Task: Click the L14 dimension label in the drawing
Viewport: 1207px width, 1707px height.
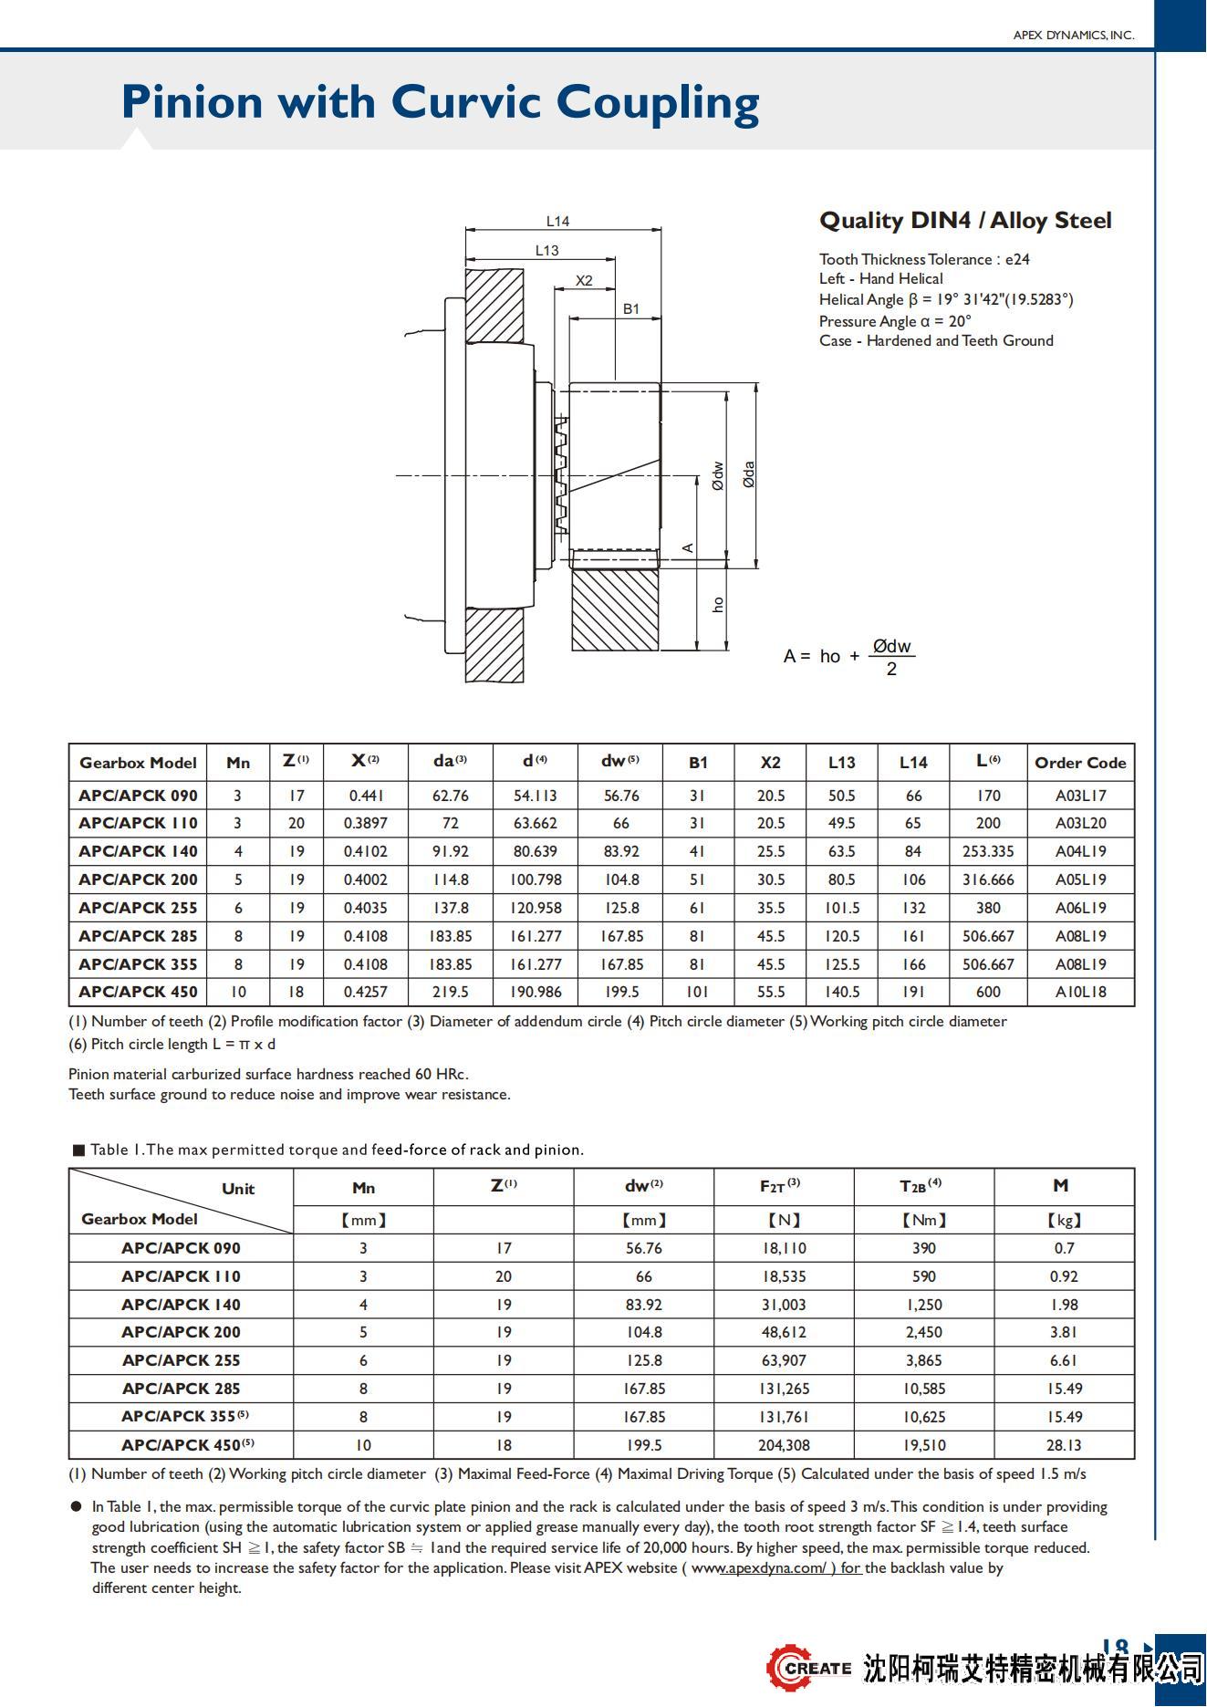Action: (557, 221)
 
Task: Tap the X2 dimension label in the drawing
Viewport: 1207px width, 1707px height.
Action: (584, 280)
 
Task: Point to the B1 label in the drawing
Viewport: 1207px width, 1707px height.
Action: (631, 308)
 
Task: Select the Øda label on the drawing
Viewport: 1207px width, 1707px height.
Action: (749, 474)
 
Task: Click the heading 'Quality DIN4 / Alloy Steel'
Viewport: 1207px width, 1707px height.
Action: (965, 221)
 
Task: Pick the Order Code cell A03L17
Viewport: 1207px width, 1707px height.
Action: (1080, 796)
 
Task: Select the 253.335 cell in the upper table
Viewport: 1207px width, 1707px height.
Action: (988, 851)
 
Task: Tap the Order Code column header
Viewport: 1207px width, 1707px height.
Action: (1080, 763)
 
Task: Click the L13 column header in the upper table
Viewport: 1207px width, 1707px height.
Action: (841, 763)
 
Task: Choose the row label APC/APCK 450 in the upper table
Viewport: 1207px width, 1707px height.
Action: (138, 992)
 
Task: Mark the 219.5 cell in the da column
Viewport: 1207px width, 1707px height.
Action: (450, 992)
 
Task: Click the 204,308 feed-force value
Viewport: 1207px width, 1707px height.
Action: (784, 1445)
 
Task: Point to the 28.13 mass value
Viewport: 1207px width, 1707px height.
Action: (1064, 1445)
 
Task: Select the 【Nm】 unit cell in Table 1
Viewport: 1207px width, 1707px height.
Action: (923, 1220)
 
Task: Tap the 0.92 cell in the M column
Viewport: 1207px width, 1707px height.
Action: (1064, 1276)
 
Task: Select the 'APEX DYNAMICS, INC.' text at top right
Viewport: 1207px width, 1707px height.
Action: (1073, 36)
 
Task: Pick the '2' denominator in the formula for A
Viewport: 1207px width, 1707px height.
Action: (891, 670)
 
